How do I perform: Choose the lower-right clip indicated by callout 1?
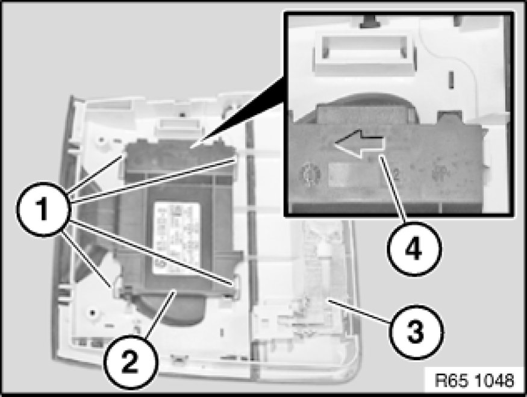click(234, 282)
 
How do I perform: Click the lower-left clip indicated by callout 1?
click(113, 282)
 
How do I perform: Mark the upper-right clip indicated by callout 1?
click(237, 158)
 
